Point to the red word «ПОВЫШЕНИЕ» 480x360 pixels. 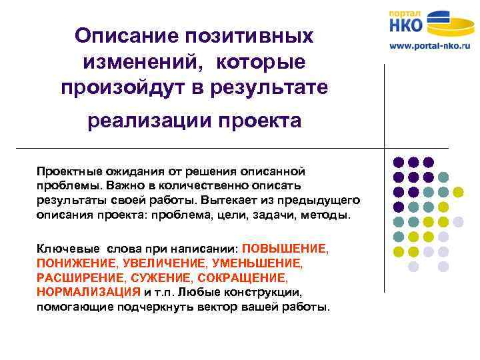click(x=285, y=248)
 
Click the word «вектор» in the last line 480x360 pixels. click(x=252, y=307)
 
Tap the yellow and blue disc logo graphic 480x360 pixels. click(x=451, y=25)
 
